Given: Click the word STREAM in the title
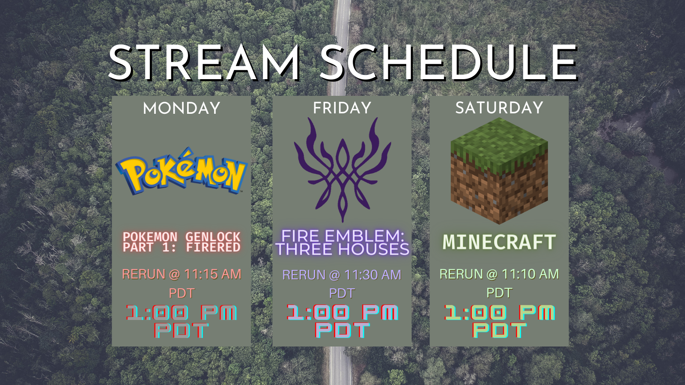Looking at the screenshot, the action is (204, 62).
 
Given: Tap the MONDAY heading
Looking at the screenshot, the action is (182, 108).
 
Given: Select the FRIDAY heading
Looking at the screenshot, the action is (342, 108).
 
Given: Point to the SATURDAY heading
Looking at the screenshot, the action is (499, 107).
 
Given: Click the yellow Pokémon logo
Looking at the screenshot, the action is (182, 171).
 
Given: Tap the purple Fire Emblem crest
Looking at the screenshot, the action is (342, 169).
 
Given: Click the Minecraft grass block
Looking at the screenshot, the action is (499, 171).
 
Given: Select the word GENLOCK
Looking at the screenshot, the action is (213, 237).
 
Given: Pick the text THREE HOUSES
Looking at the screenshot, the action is (342, 249).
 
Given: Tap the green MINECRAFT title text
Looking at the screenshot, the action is (499, 242).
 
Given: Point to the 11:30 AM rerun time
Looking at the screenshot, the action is (372, 275).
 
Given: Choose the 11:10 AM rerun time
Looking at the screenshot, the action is (530, 274).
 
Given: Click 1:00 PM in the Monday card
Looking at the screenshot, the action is (182, 313).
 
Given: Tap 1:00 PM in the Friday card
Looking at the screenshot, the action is (342, 312).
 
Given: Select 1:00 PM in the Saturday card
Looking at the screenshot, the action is (499, 312).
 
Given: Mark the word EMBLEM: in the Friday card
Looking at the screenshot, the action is (364, 236).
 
